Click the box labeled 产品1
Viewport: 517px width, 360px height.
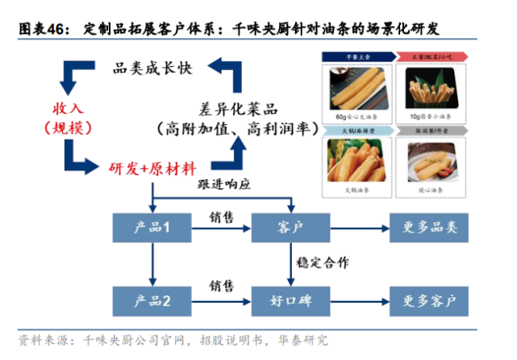151,228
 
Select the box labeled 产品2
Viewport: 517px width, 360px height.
151,303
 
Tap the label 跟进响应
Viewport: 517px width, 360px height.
226,184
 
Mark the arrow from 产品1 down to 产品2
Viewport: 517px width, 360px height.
151,265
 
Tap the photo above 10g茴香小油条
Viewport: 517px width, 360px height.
436,86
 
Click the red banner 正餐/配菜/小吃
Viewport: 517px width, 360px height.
436,57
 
